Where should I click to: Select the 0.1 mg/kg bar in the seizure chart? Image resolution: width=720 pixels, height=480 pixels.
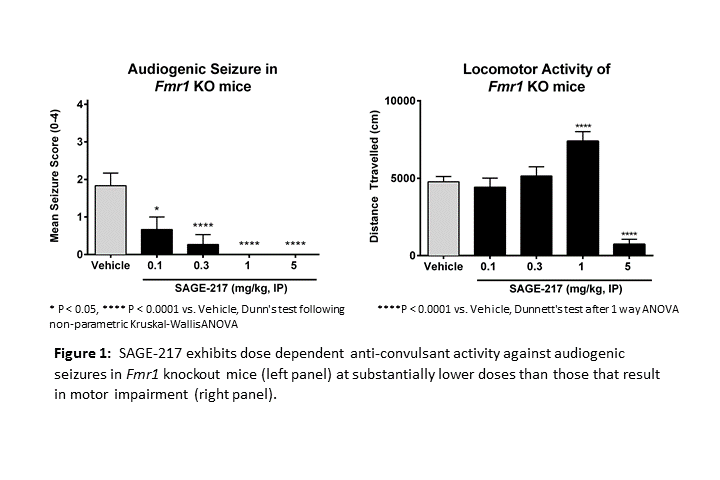tap(155, 242)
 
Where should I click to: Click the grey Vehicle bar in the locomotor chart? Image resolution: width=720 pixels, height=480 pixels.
tap(443, 218)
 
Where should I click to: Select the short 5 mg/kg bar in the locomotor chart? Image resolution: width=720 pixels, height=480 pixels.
tap(629, 249)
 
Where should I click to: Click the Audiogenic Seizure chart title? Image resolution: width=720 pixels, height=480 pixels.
tap(202, 78)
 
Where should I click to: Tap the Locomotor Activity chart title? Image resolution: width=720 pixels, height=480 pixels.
tap(535, 78)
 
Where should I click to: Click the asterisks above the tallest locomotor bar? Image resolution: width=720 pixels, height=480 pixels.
tap(583, 127)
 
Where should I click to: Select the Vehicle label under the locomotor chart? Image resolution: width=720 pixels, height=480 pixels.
tap(443, 267)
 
